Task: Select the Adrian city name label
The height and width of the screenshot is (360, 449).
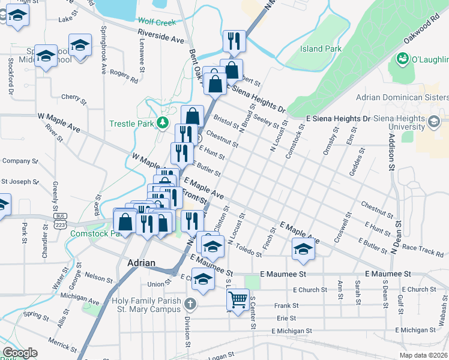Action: (142, 263)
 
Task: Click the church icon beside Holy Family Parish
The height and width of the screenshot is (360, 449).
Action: (190, 304)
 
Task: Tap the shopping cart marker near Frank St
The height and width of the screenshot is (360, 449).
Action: (238, 299)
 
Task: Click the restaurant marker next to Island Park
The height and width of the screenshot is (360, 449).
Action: (234, 41)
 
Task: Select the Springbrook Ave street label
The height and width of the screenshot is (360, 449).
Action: (103, 50)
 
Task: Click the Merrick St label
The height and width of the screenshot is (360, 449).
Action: (61, 344)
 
